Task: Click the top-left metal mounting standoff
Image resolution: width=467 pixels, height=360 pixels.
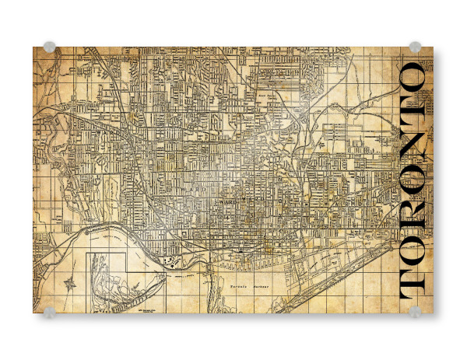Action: pyautogui.click(x=50, y=47)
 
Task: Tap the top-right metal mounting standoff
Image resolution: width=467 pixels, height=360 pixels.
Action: pyautogui.click(x=415, y=47)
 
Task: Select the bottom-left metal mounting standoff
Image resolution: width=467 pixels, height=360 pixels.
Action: pyautogui.click(x=50, y=312)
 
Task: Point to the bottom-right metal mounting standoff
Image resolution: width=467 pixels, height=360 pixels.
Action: pyautogui.click(x=415, y=312)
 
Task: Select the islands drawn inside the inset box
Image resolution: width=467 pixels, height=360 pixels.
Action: pyautogui.click(x=109, y=281)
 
